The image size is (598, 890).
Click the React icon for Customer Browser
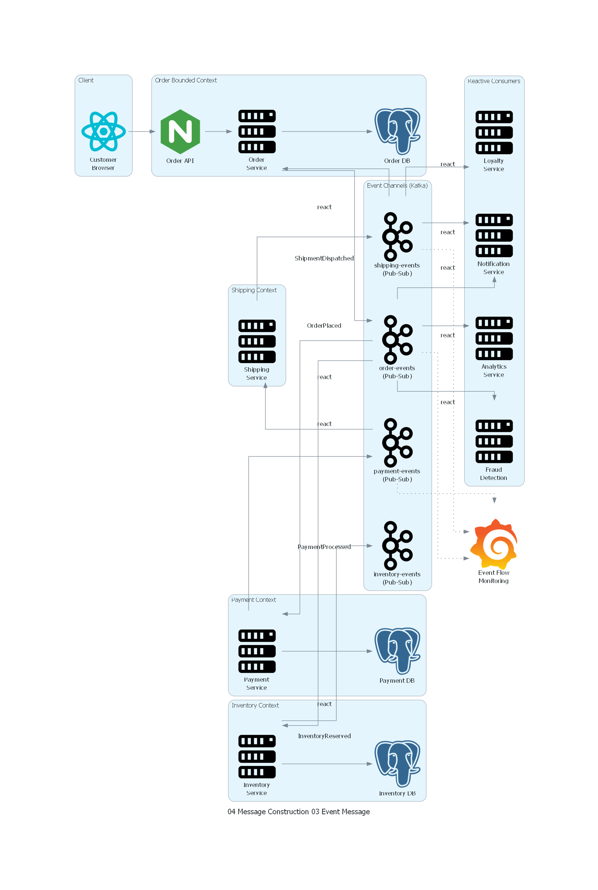(x=103, y=132)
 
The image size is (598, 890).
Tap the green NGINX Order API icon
(x=180, y=132)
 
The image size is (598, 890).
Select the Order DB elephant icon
(x=397, y=131)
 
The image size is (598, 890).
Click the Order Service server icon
(x=257, y=132)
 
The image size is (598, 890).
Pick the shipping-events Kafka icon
(x=397, y=236)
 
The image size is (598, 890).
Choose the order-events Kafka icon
(x=397, y=340)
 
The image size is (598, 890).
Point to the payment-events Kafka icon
(x=397, y=443)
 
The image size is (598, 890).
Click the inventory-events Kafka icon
(x=397, y=546)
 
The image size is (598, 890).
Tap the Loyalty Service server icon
(x=493, y=132)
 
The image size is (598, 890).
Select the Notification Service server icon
(x=493, y=235)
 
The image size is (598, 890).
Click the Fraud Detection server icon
(x=493, y=441)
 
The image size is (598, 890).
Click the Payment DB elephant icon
(x=397, y=651)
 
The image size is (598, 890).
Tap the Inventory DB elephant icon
(x=397, y=764)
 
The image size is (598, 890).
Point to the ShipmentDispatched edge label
(x=324, y=258)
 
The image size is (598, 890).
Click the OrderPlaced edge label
(x=324, y=325)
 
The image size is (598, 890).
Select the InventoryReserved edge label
(x=324, y=736)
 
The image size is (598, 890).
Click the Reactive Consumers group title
(x=493, y=81)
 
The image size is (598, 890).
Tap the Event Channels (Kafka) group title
(x=397, y=185)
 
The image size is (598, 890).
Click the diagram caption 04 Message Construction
(x=298, y=812)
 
